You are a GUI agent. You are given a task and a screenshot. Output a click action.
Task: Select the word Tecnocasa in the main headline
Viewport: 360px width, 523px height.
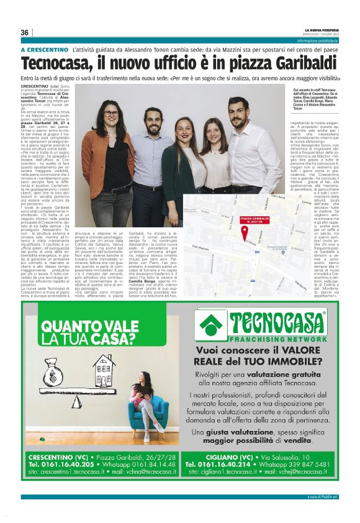pos(62,64)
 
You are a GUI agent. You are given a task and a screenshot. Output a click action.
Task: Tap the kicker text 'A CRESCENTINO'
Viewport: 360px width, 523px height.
pos(44,49)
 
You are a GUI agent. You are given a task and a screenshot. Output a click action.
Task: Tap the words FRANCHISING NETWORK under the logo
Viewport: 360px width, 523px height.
pos(269,340)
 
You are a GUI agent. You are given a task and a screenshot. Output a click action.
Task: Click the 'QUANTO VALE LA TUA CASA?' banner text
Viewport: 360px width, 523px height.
pos(86,330)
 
